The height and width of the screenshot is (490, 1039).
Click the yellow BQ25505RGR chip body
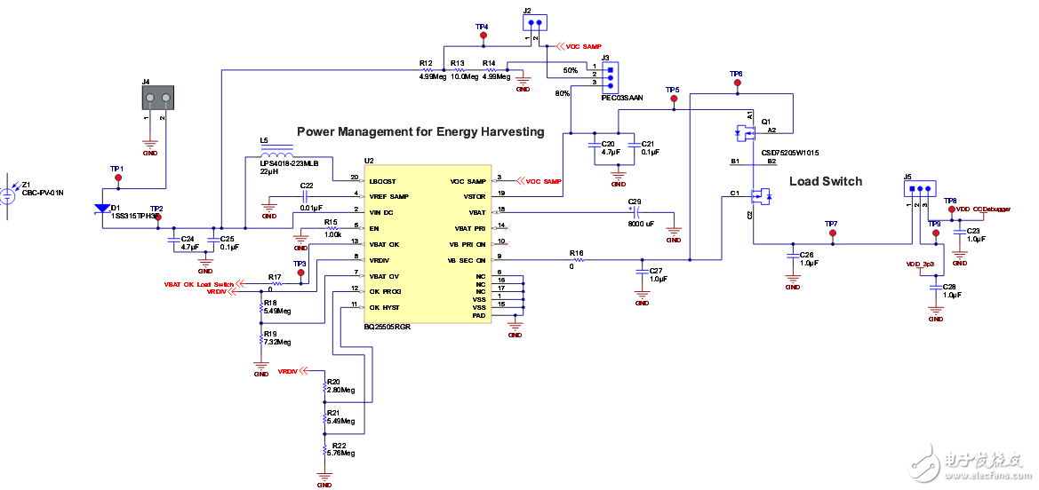[427, 249]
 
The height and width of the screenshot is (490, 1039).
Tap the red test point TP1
[117, 178]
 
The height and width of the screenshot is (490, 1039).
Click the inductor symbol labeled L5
[277, 150]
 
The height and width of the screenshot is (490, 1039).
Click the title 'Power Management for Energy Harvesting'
[420, 131]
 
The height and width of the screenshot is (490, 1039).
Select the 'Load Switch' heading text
[826, 181]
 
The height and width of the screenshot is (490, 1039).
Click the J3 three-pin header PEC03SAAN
[610, 76]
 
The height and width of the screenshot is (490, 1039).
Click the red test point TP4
[483, 36]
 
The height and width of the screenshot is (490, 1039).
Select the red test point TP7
[832, 233]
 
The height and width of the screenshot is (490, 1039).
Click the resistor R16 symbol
[577, 260]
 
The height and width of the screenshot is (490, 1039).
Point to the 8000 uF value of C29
[641, 224]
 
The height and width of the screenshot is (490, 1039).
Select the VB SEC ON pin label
[469, 259]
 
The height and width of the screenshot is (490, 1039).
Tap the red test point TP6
[736, 83]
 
